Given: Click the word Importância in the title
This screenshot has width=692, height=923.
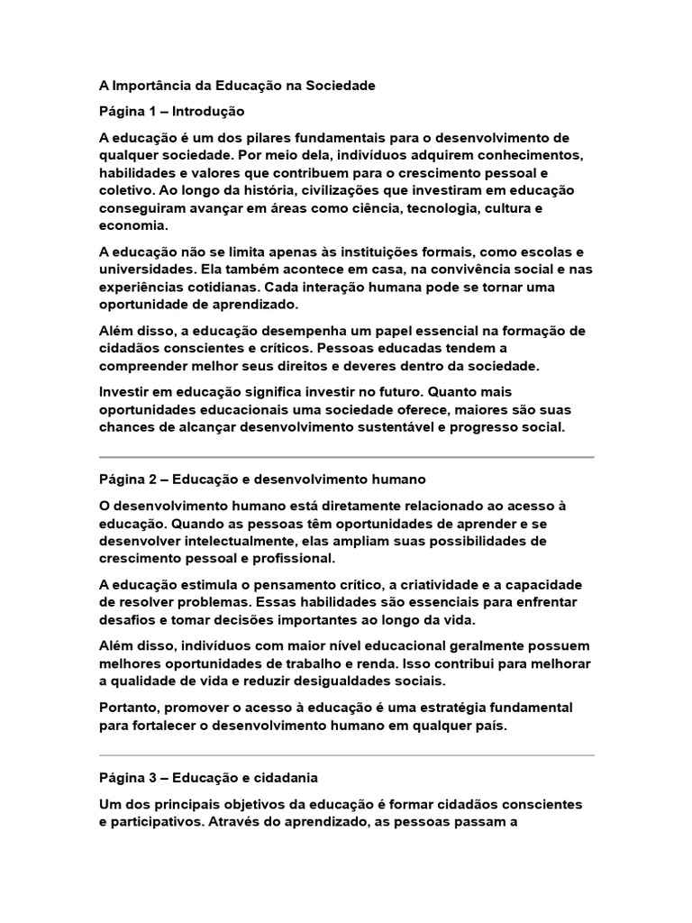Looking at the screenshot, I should tap(150, 86).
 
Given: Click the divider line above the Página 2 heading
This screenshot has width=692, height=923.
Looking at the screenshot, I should tap(346, 457).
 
